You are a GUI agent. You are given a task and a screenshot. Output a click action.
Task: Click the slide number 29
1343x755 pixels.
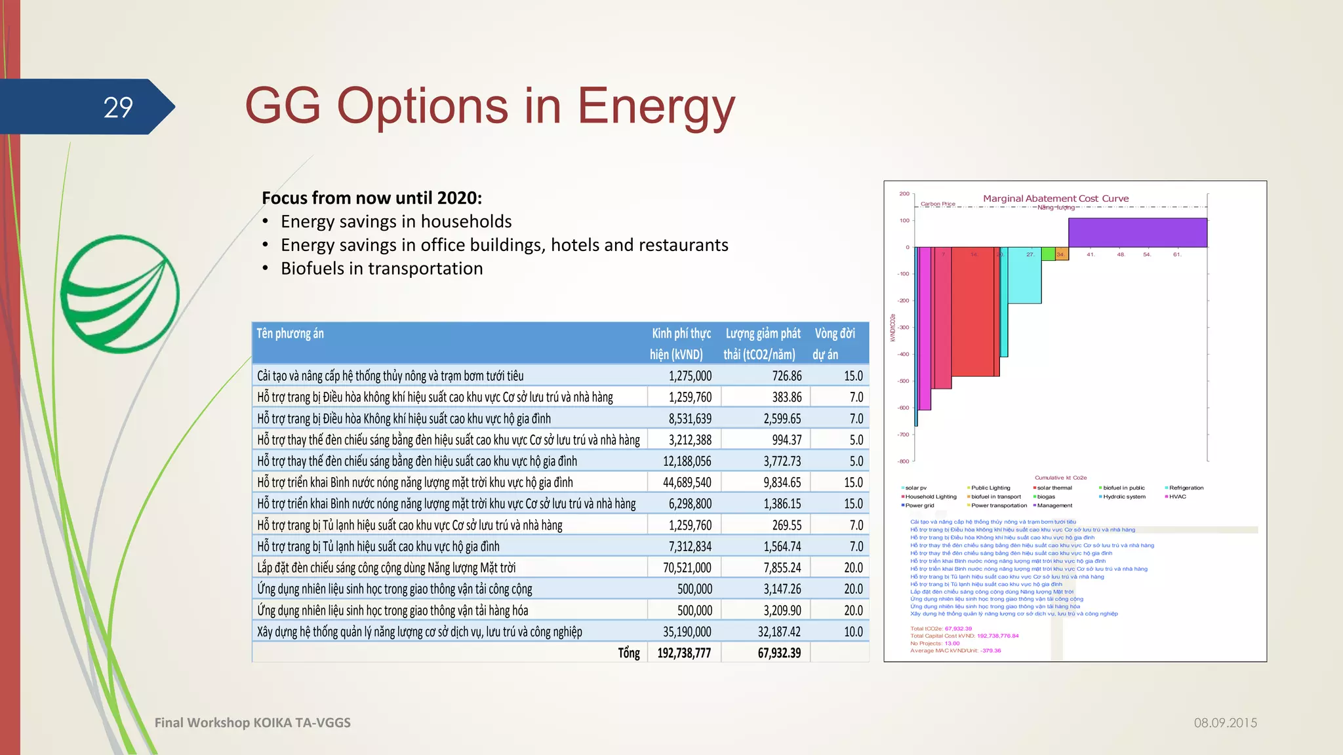118,107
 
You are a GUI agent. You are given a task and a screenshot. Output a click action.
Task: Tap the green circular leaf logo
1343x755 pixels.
120,294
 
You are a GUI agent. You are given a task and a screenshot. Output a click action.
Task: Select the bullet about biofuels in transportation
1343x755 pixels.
382,269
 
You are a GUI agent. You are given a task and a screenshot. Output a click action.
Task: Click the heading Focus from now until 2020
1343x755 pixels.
372,198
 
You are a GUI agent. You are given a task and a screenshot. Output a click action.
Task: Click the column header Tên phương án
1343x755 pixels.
290,334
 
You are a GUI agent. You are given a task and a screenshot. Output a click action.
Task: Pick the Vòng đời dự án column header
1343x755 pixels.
834,343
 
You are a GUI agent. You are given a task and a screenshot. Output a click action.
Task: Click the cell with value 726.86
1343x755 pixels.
786,376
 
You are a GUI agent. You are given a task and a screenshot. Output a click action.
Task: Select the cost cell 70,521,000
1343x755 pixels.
687,568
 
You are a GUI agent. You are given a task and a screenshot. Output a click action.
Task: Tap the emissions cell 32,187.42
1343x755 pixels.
779,632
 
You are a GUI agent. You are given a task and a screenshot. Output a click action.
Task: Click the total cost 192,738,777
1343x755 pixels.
684,653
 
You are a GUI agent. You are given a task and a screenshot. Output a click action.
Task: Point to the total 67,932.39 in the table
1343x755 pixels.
779,653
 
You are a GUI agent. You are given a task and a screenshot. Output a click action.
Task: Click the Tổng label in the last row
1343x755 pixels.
628,653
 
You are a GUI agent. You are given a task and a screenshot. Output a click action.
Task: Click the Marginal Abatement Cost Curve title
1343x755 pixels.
1055,199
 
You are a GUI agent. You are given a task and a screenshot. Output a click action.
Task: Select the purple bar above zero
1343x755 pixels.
1137,232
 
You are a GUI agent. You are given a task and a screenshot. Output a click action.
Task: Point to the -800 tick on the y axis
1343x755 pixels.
904,461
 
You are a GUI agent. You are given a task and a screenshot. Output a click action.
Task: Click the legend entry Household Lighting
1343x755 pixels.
931,497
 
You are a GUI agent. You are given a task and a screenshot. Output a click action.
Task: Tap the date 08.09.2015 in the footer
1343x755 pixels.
1225,723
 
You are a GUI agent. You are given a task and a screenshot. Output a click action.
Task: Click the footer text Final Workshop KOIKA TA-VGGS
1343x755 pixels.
252,723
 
